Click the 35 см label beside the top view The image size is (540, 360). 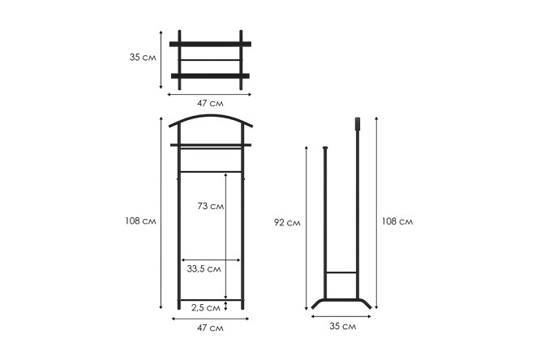tap(143, 58)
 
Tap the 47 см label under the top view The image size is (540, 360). tap(210, 103)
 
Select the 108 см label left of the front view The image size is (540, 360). tap(140, 221)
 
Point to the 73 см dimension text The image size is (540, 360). tap(211, 206)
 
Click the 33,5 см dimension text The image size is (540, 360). tap(204, 268)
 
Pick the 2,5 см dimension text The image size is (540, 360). tap(206, 307)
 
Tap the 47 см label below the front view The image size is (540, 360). tap(210, 328)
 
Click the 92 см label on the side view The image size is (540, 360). tap(287, 223)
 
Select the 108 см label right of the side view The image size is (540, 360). tap(397, 221)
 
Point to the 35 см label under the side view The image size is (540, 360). tap(343, 326)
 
